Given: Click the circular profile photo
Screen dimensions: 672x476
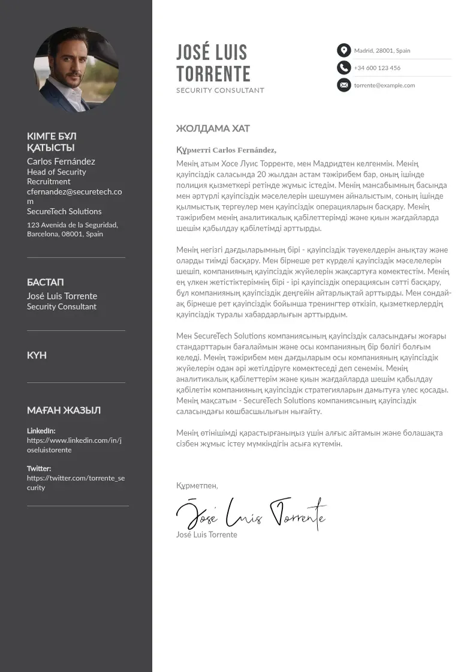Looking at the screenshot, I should [76, 69].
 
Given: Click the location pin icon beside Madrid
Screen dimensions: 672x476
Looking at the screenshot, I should [344, 50].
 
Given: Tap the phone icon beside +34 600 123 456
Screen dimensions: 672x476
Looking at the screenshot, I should [344, 67].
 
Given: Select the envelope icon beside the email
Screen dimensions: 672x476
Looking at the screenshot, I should [344, 85].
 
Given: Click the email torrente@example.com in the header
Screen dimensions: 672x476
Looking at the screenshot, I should [384, 85].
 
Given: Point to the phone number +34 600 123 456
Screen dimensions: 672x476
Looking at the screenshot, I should [377, 68].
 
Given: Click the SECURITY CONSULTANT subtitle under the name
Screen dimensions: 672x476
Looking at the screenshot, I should [220, 91].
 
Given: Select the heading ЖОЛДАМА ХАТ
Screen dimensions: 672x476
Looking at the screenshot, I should [213, 128].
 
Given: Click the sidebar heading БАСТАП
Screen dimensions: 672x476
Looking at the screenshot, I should [46, 282].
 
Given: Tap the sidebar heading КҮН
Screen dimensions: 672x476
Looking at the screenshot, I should [37, 355].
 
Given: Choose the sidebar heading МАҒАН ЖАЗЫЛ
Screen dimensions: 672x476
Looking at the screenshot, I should [64, 410].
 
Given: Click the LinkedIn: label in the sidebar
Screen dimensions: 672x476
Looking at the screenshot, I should [41, 431].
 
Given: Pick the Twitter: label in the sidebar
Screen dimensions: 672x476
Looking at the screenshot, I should [39, 469].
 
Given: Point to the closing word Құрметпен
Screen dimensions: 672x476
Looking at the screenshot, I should [197, 485].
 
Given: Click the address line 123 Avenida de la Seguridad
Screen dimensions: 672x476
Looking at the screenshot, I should [73, 225].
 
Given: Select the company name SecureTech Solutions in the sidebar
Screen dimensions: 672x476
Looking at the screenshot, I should [64, 211].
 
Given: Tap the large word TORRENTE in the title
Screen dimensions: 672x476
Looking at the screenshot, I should [213, 74].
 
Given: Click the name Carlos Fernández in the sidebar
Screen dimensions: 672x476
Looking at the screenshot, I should [61, 161].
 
